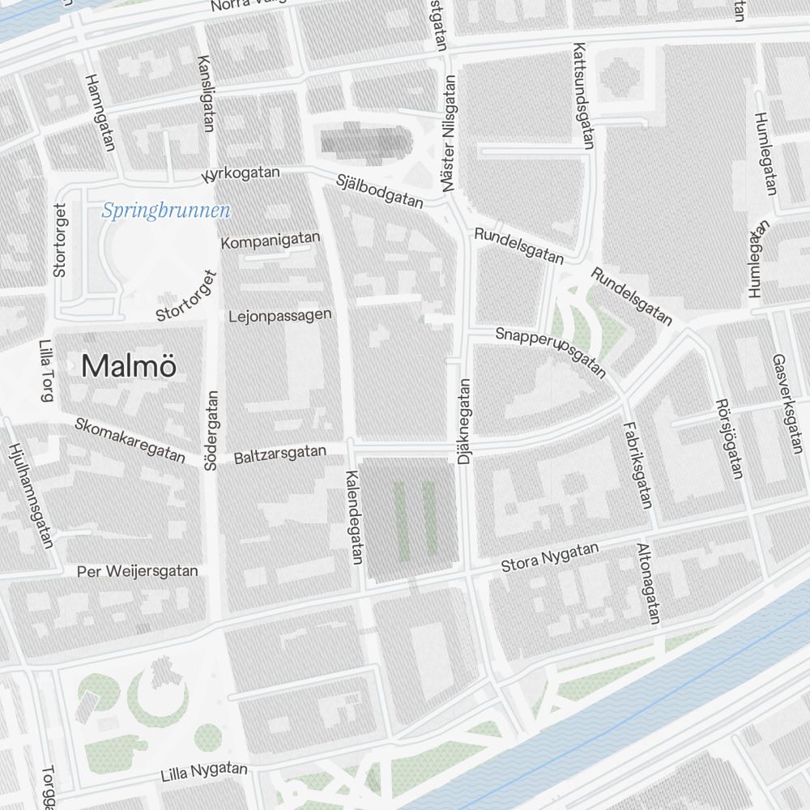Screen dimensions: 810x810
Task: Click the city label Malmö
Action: [129, 366]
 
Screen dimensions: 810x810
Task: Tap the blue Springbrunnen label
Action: [166, 211]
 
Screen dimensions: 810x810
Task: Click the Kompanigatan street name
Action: [271, 241]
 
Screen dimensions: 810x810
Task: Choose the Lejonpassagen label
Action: [280, 315]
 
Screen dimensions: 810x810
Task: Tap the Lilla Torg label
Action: [46, 371]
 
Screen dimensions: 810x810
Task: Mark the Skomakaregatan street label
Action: [130, 440]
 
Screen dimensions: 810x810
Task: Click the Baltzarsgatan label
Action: [279, 454]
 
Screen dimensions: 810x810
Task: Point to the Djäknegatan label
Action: [464, 423]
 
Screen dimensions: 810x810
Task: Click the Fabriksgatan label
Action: [637, 465]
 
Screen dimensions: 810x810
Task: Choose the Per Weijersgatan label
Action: [137, 571]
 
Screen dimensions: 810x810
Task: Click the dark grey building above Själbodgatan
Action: [364, 141]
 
